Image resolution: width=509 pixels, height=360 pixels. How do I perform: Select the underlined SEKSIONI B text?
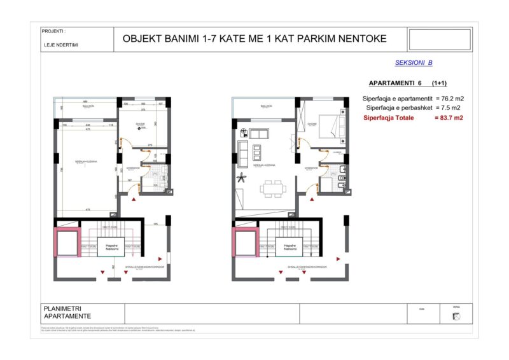[x=414, y=63]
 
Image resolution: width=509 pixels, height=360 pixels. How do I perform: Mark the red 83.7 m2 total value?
[x=449, y=118]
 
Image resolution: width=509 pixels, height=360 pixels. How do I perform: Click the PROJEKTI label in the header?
[x=54, y=31]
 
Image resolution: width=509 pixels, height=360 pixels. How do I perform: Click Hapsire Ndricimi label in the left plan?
[x=110, y=246]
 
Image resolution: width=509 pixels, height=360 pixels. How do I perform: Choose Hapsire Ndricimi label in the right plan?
[x=290, y=246]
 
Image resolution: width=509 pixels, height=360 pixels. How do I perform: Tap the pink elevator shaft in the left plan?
[x=66, y=242]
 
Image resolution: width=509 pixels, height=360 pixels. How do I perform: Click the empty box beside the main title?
[x=439, y=39]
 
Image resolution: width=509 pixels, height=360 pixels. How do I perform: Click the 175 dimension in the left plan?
[x=155, y=224]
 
